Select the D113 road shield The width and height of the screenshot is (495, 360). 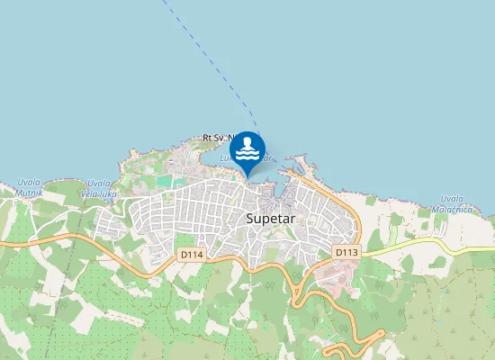[x=346, y=253]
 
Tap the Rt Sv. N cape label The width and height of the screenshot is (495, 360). [x=216, y=138]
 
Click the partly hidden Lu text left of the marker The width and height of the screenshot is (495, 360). [x=224, y=157]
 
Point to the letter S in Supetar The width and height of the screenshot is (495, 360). [x=249, y=219]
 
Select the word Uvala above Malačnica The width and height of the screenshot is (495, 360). [x=452, y=199]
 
